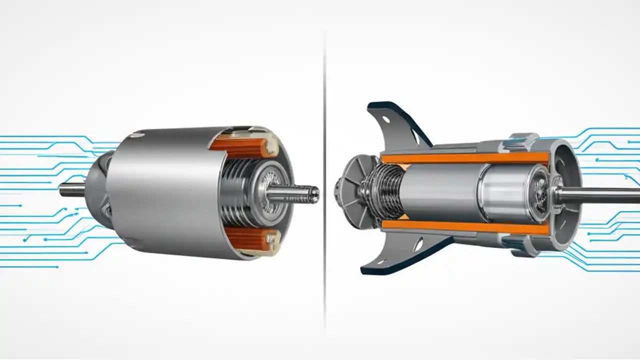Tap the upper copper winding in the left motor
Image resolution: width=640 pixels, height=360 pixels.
point(239,146)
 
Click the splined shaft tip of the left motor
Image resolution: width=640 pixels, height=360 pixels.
point(300,193)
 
